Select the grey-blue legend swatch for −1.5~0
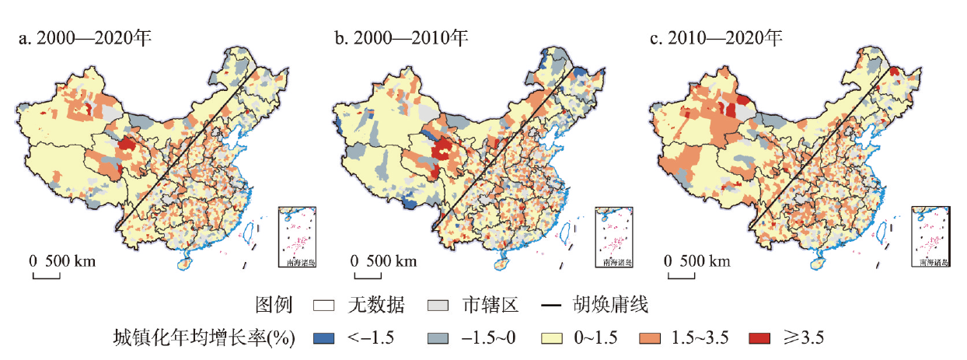pyautogui.click(x=438, y=337)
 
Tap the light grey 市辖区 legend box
pyautogui.click(x=439, y=306)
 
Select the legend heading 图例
pyautogui.click(x=272, y=306)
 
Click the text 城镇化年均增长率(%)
pyautogui.click(x=204, y=337)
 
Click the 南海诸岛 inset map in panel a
pyautogui.click(x=297, y=237)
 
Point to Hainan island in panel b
pyautogui.click(x=502, y=264)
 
